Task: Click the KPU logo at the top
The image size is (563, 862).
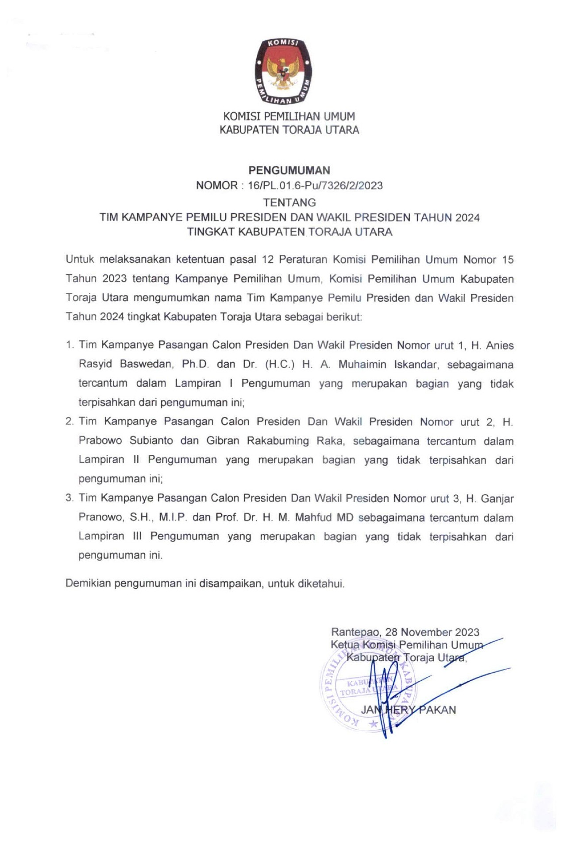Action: click(283, 71)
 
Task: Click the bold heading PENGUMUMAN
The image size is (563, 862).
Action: click(289, 171)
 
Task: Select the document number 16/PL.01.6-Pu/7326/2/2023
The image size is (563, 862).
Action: click(315, 186)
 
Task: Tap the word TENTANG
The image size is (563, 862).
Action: click(289, 202)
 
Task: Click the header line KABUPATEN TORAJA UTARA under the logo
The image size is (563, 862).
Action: click(289, 130)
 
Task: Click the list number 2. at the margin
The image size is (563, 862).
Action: click(69, 422)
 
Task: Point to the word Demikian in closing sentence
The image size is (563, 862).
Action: click(88, 583)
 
